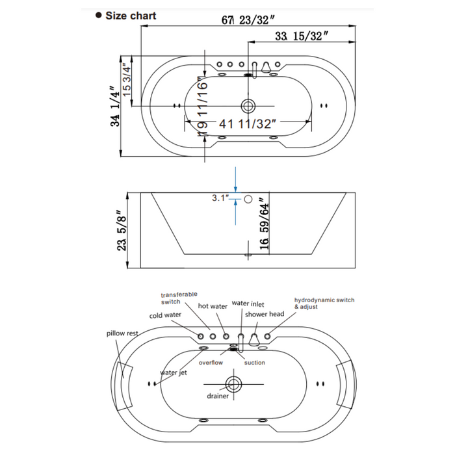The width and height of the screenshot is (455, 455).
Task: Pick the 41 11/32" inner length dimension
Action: [248, 122]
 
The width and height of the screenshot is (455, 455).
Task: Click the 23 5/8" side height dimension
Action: [119, 232]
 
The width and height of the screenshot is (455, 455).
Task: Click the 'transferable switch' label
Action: [179, 298]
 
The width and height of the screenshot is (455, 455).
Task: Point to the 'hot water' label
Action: [213, 305]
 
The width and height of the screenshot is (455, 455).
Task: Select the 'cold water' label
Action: [166, 316]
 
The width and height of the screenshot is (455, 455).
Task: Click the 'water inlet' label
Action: [248, 303]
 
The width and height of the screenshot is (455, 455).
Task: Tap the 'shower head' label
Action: [265, 314]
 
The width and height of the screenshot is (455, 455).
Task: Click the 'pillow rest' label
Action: [122, 333]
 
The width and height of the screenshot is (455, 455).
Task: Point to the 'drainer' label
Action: [218, 396]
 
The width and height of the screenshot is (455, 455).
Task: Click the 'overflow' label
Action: [212, 363]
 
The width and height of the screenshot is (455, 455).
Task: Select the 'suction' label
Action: [254, 363]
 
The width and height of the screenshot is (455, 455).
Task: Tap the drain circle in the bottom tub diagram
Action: [233, 382]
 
